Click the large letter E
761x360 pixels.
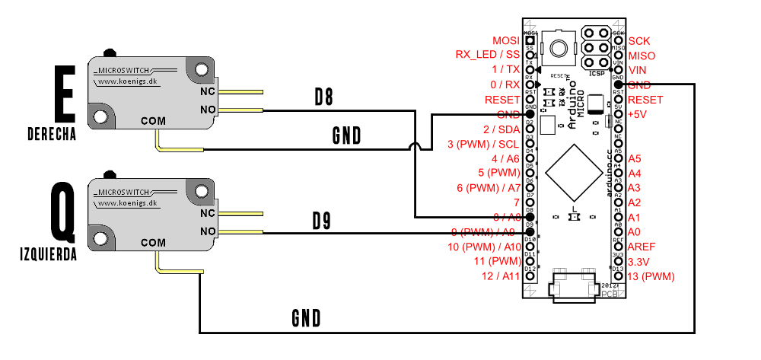(65, 93)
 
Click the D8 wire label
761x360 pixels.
(325, 97)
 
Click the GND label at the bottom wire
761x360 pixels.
(306, 317)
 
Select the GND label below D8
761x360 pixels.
(346, 135)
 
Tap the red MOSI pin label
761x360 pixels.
(505, 40)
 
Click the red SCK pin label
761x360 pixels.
(639, 40)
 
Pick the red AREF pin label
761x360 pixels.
(641, 247)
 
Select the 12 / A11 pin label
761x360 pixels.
(501, 276)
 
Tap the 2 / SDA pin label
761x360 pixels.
(501, 129)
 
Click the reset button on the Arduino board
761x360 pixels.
(559, 48)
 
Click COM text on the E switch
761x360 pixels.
(153, 120)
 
